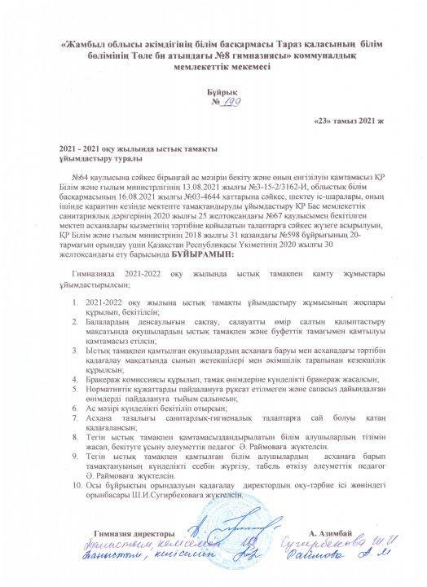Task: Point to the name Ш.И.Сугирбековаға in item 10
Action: (x=152, y=495)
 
